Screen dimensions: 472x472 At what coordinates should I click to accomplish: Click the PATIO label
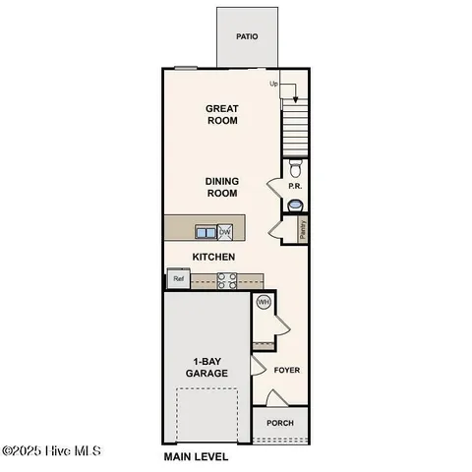(x=247, y=36)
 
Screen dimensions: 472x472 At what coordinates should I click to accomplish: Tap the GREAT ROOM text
(x=222, y=115)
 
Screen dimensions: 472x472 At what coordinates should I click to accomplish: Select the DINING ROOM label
(x=222, y=187)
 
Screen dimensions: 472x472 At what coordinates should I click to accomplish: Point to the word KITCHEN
(x=212, y=257)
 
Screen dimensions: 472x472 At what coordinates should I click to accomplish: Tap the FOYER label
(x=286, y=371)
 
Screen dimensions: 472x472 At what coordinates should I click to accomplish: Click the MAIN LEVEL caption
(x=196, y=457)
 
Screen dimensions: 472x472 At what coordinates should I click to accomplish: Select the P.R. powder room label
(x=293, y=186)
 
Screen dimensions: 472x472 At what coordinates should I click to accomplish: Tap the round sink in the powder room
(x=295, y=206)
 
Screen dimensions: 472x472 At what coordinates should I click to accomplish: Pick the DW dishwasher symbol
(x=225, y=232)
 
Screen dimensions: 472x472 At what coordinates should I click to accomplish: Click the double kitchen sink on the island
(x=206, y=232)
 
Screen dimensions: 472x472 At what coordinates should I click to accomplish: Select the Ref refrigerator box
(x=178, y=279)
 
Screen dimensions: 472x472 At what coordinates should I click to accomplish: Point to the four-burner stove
(x=226, y=280)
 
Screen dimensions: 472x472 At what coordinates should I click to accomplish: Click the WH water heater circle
(x=263, y=303)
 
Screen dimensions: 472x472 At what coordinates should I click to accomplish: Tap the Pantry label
(x=302, y=229)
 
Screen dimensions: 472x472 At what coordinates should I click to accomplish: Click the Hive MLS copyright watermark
(x=51, y=451)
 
